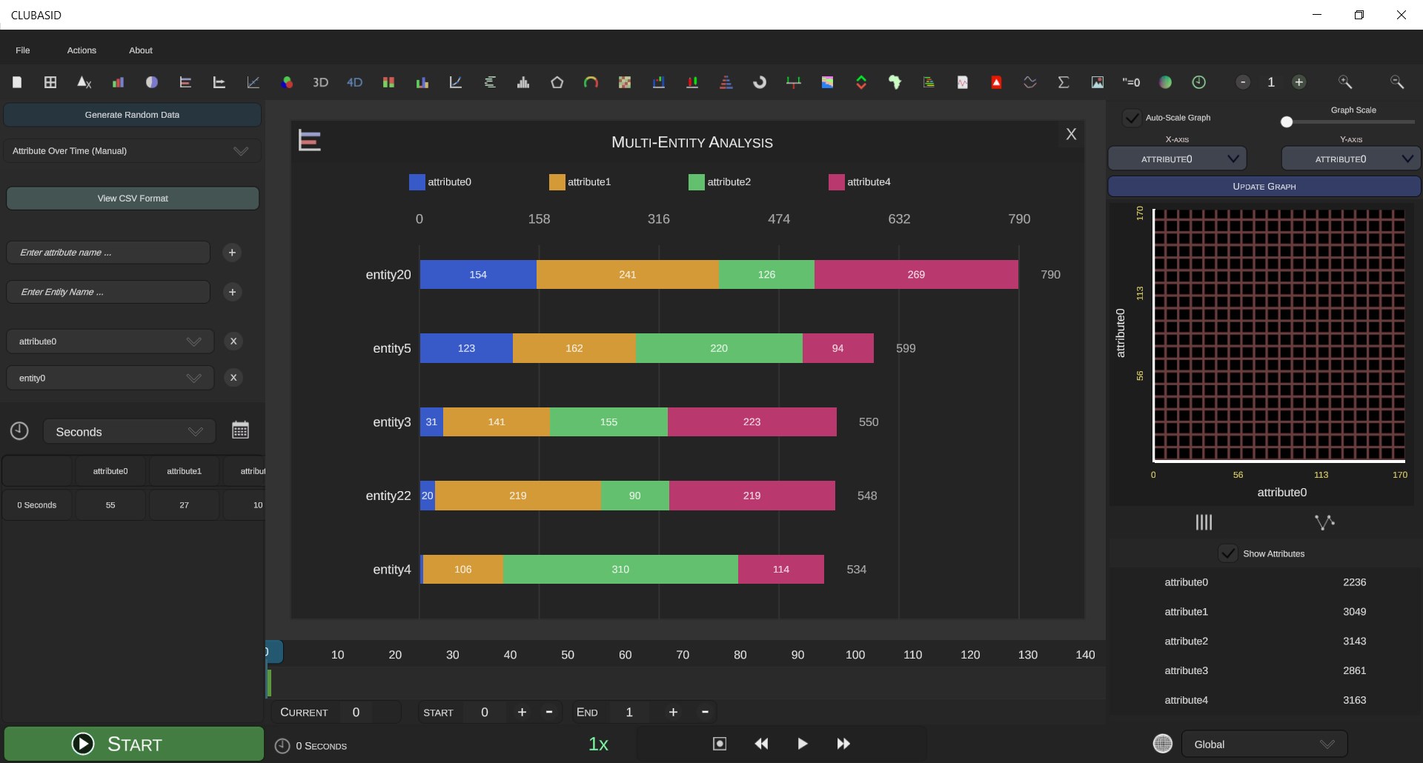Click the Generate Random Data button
[132, 115]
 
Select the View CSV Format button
[133, 199]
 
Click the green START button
[133, 744]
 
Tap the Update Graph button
[1264, 187]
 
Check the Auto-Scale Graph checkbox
[1132, 118]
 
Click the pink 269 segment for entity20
[916, 275]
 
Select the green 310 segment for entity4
[620, 570]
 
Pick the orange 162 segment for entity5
[574, 348]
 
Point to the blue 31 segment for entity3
[431, 422]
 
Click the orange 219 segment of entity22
[518, 496]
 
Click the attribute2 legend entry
[720, 182]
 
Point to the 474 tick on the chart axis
[779, 219]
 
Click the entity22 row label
[388, 496]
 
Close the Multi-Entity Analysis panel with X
[1071, 134]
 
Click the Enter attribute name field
[108, 253]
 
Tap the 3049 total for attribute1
[1354, 612]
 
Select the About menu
[141, 50]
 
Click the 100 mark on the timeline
[855, 655]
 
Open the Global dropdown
[1264, 744]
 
